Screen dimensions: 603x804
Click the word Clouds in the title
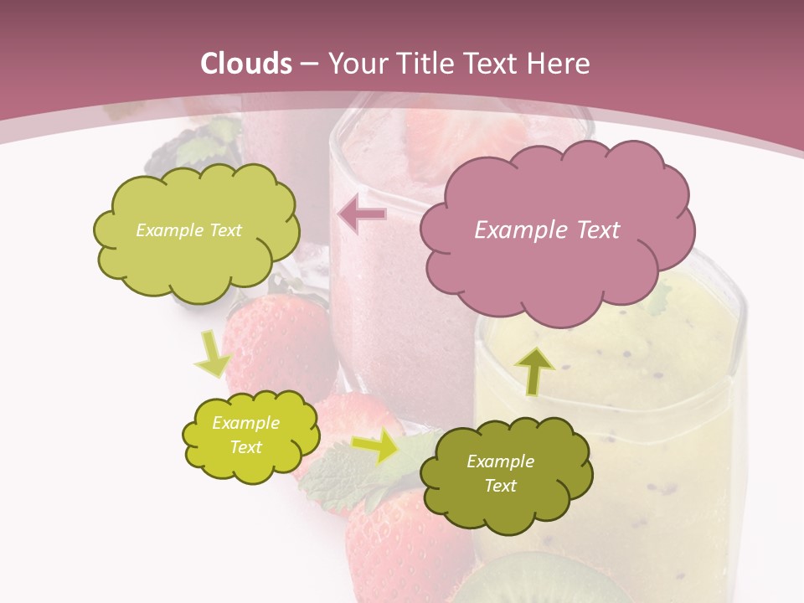point(246,64)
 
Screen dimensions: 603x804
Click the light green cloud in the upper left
point(195,230)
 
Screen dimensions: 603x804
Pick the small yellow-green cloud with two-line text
point(250,435)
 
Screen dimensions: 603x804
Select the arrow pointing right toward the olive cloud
point(376,446)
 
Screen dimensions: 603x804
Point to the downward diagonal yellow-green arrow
point(213,354)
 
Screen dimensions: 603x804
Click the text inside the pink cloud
point(547,230)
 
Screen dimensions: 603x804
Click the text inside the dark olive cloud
point(500,473)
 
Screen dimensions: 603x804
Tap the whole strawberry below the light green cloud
point(276,335)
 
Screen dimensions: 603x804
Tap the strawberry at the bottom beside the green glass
point(402,544)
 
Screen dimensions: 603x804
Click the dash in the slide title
point(308,64)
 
